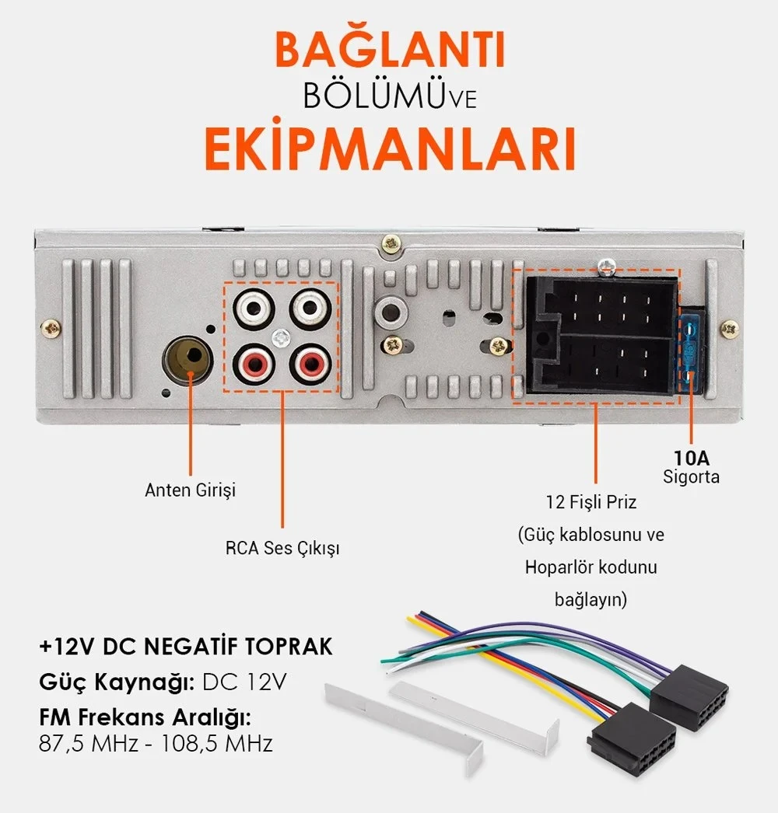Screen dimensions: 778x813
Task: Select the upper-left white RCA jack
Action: point(254,309)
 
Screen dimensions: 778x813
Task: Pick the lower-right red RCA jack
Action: point(310,365)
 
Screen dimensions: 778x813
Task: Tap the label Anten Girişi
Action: point(190,490)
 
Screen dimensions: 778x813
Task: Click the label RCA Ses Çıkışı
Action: point(282,549)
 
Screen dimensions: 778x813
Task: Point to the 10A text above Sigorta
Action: point(692,458)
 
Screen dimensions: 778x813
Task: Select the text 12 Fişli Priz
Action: point(591,502)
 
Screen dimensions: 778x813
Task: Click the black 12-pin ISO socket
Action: point(602,336)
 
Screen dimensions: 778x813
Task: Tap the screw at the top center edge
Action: point(391,243)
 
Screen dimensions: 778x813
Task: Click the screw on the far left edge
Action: point(51,328)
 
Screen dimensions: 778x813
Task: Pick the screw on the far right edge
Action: point(730,329)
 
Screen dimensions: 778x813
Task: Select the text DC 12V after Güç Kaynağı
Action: point(244,682)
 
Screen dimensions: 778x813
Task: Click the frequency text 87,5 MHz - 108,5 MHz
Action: point(156,744)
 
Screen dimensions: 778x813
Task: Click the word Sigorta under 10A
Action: point(692,477)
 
